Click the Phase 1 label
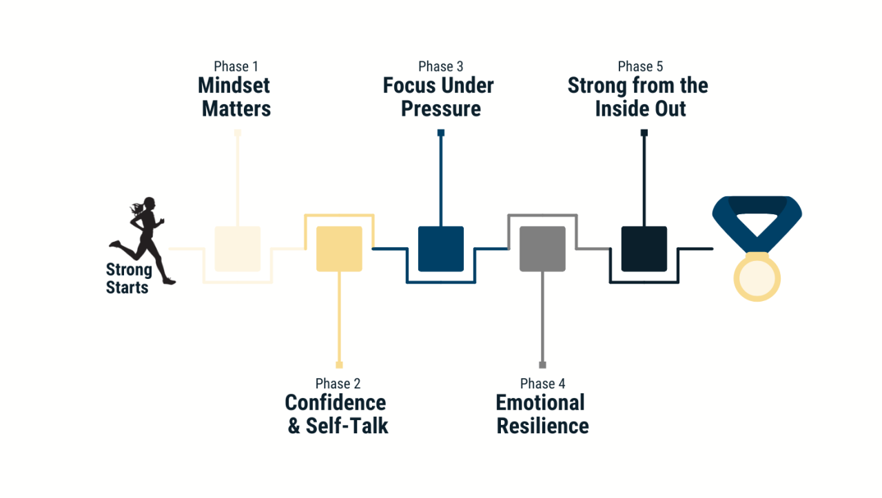tap(236, 67)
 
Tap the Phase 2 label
tap(338, 384)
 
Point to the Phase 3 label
tap(440, 67)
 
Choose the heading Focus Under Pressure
tap(439, 97)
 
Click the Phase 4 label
tap(542, 384)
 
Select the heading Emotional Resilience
tap(542, 414)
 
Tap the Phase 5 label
tap(640, 67)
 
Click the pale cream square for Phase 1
tap(238, 249)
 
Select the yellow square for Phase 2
tap(339, 249)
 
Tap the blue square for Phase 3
tap(441, 249)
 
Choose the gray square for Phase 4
tap(542, 249)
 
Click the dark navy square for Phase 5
tap(644, 249)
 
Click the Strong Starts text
tap(128, 278)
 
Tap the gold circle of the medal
tap(757, 277)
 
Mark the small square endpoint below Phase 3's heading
tap(441, 132)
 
